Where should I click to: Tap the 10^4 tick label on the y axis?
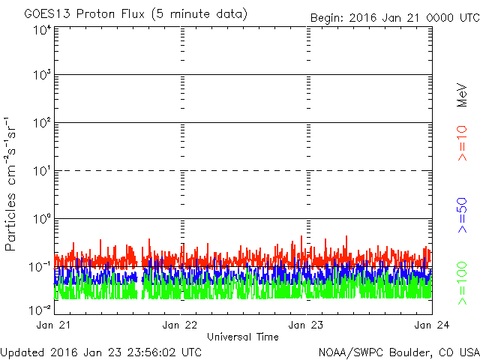42,29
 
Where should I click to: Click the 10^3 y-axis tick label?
42,76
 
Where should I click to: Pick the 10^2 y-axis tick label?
42,124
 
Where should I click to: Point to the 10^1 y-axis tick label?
42,172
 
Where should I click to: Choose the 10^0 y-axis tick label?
42,220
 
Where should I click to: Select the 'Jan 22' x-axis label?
180,325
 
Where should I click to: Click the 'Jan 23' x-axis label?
307,325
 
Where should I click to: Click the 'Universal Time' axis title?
242,337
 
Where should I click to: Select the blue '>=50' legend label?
462,216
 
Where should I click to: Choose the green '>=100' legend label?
462,283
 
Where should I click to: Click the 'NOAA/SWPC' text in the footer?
346,352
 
